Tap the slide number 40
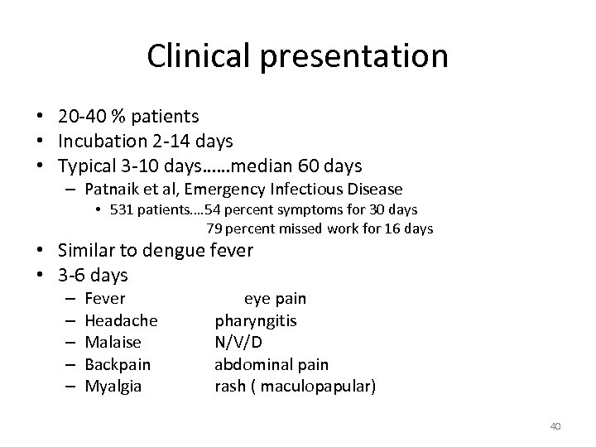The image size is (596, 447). click(x=555, y=426)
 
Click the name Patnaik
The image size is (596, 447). click(x=118, y=190)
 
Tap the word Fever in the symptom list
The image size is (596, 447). click(x=105, y=298)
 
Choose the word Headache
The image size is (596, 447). click(x=122, y=320)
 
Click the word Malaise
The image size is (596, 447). click(x=113, y=342)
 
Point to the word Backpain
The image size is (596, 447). click(x=118, y=363)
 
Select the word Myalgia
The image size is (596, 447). click(x=113, y=385)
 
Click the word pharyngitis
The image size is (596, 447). click(x=256, y=320)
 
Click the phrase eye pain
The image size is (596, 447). click(x=275, y=298)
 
